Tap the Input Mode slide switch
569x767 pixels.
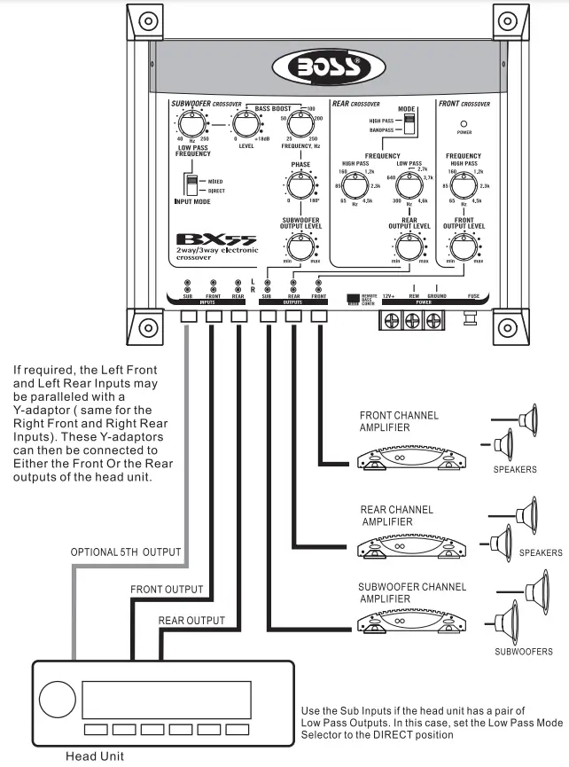[190, 184]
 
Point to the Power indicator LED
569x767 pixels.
[464, 124]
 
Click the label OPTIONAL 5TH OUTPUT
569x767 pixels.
[126, 552]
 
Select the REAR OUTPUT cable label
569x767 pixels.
[191, 621]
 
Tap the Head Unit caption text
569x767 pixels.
[96, 756]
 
